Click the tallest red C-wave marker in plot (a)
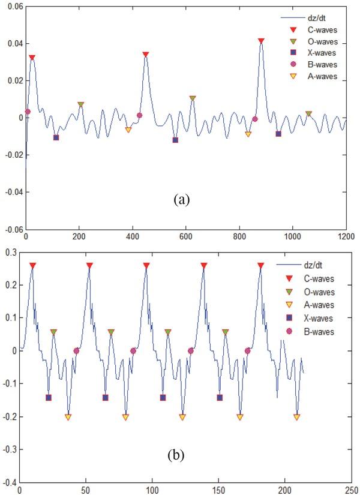[261, 41]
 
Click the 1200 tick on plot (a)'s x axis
[346, 236]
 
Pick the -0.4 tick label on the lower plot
[10, 482]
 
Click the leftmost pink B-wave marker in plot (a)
[28, 112]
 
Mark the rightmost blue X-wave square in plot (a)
[278, 134]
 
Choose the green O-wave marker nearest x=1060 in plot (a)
[308, 113]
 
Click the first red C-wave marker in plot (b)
[32, 265]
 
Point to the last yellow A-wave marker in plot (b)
[296, 417]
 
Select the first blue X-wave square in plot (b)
[49, 397]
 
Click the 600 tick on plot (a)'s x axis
[185, 236]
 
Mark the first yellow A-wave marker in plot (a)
[128, 130]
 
